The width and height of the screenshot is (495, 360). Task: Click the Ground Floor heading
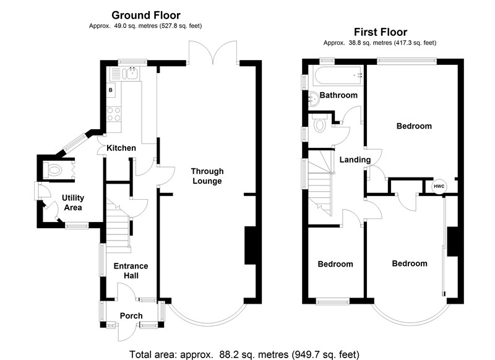145,15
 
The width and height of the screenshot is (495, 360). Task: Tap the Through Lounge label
207,176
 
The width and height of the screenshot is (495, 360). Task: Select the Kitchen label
121,148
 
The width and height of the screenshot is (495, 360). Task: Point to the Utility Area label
72,203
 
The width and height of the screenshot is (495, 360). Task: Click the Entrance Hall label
130,271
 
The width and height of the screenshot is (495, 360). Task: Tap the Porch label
131,316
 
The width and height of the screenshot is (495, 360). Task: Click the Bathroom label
338,95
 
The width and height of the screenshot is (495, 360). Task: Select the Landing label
355,160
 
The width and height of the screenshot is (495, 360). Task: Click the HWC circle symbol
439,186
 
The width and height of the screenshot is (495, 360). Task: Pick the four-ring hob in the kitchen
114,114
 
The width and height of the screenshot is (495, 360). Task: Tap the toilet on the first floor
320,124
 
